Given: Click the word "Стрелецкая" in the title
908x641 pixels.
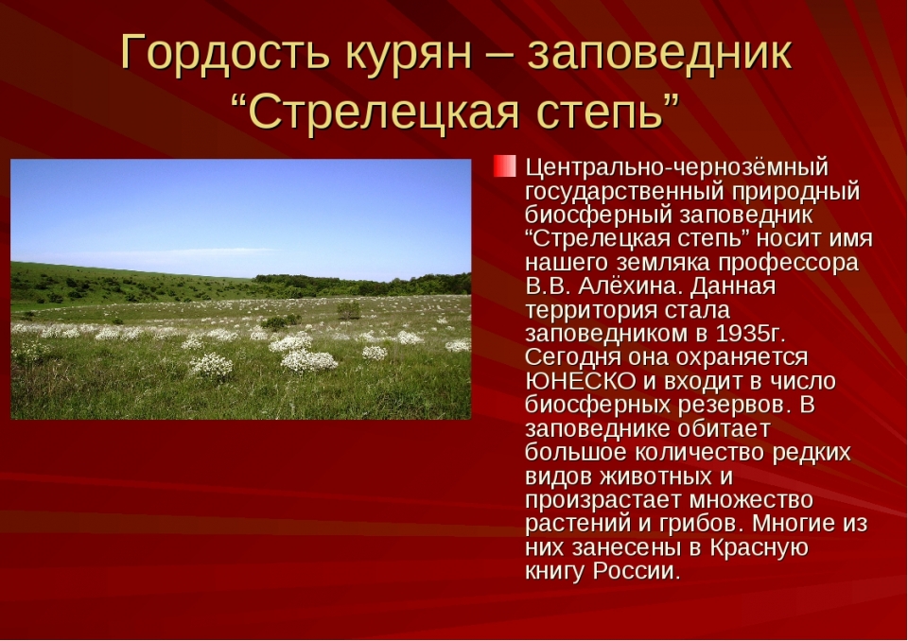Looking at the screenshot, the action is point(384,112).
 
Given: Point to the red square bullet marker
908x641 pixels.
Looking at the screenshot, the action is point(504,165).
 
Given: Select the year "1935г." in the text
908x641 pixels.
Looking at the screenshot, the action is point(750,334).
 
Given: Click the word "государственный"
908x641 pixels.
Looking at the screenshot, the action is point(622,192).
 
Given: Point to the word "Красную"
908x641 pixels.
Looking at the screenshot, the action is point(759,547).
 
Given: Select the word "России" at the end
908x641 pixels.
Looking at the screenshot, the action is point(636,572).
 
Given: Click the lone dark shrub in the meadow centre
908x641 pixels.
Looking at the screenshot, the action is point(348,310).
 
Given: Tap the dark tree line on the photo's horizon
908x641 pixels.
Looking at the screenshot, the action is point(362,285).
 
